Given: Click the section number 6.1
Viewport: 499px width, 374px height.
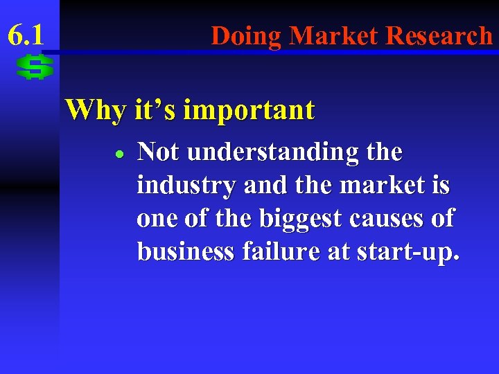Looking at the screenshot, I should point(26,33).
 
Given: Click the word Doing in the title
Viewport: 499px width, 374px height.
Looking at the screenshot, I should point(247,35).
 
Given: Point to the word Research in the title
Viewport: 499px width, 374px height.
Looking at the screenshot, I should point(439,35).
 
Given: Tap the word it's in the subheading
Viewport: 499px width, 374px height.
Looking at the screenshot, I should point(151,109).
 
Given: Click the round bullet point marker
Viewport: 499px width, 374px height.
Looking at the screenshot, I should point(119,153).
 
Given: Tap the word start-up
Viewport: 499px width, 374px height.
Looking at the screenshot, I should point(405,253).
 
